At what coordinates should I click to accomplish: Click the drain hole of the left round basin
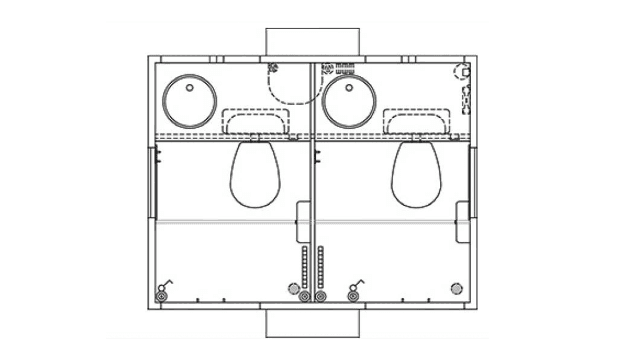(190, 88)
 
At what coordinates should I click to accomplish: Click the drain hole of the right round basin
(349, 88)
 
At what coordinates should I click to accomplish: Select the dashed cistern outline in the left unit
(256, 121)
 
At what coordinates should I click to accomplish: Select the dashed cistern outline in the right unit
(416, 121)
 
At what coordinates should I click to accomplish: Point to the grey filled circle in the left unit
(294, 288)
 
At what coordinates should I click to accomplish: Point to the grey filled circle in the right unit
(457, 288)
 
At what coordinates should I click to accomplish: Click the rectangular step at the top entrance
(312, 42)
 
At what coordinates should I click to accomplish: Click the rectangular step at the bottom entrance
(312, 323)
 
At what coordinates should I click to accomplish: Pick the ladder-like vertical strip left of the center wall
(304, 267)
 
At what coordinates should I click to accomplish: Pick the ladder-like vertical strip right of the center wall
(320, 267)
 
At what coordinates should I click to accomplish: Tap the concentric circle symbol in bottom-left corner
(161, 296)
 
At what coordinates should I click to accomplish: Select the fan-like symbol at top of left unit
(273, 68)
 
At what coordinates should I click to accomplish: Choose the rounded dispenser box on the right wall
(463, 222)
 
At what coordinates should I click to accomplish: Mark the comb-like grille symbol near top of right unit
(345, 68)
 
